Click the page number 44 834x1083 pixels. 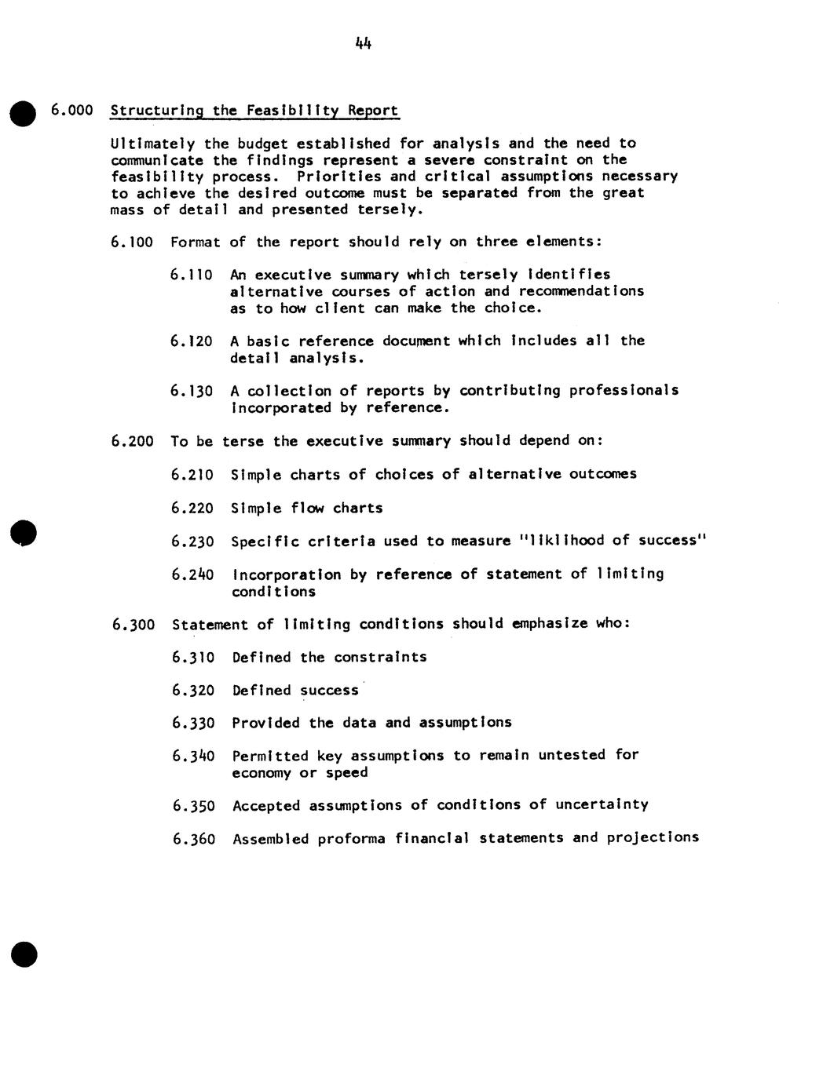[363, 44]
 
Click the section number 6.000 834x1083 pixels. [72, 110]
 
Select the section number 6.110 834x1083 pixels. [192, 275]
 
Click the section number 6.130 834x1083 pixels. [192, 391]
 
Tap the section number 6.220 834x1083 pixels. [192, 509]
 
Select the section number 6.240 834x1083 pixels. [192, 574]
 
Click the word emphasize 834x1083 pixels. [550, 624]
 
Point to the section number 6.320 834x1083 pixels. [193, 691]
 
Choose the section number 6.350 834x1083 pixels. [193, 806]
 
